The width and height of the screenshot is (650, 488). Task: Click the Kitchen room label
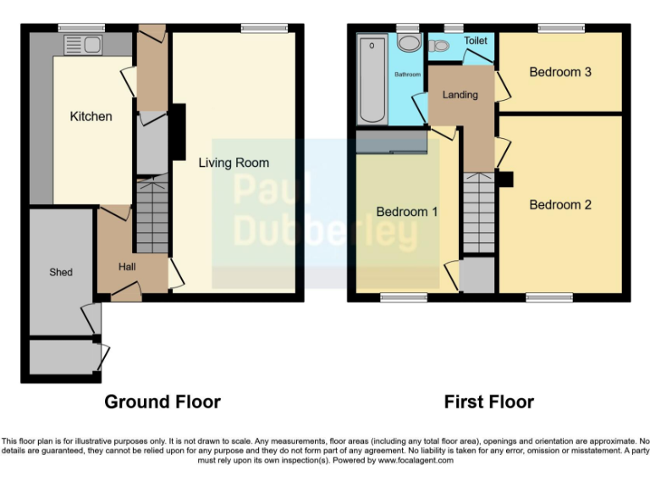(x=91, y=116)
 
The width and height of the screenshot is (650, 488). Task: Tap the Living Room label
(x=234, y=163)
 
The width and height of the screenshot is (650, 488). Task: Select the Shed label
(x=61, y=272)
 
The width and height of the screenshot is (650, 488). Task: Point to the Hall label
(x=127, y=267)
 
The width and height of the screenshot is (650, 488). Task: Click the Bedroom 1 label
(x=407, y=212)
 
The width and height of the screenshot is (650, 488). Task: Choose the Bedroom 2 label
(x=560, y=205)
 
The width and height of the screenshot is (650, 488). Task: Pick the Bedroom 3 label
(x=560, y=72)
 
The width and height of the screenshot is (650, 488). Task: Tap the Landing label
(x=460, y=95)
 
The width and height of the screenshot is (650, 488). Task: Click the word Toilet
(x=476, y=41)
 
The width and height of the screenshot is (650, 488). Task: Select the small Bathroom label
(x=408, y=75)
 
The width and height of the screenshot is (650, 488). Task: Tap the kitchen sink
(x=82, y=45)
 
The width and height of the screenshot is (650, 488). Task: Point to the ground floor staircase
(x=152, y=216)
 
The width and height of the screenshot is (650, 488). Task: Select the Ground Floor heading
(x=162, y=402)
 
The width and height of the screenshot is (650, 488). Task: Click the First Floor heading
(x=489, y=402)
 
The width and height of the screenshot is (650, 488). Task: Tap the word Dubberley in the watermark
(x=314, y=229)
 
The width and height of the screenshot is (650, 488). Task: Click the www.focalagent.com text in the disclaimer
(x=416, y=461)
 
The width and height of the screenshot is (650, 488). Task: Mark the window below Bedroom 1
(x=404, y=297)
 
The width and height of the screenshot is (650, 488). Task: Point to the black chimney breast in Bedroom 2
(x=505, y=180)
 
